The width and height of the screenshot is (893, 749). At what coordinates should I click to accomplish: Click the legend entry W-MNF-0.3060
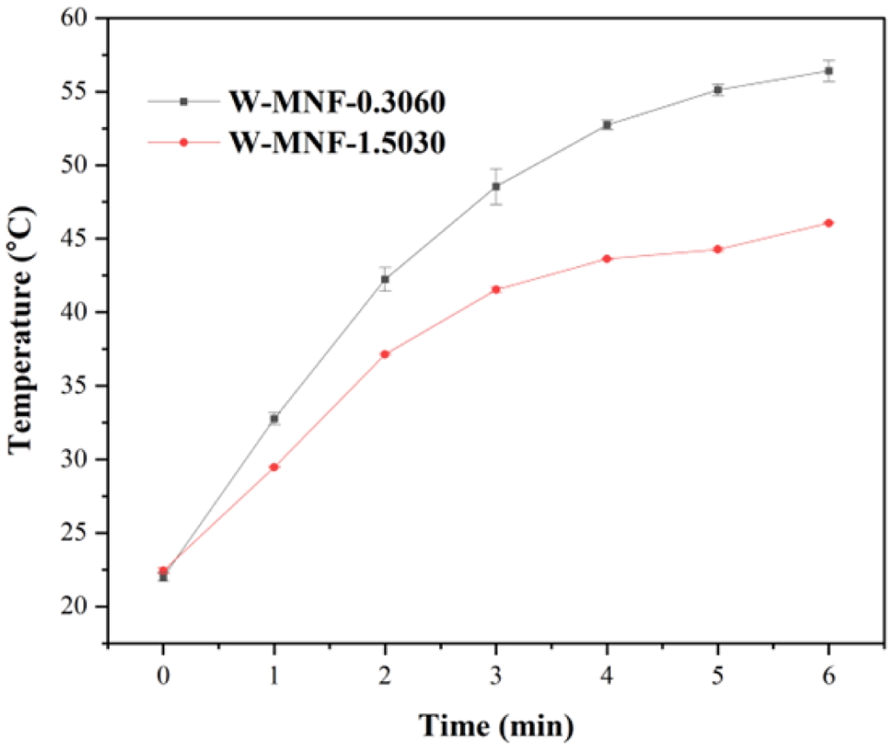click(337, 102)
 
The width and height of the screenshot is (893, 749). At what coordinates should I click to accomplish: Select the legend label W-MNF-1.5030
click(337, 142)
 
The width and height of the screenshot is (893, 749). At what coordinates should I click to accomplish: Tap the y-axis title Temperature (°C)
click(21, 330)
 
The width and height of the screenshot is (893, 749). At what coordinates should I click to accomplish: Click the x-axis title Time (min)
click(496, 726)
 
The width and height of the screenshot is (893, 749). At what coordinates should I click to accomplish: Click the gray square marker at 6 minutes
click(829, 71)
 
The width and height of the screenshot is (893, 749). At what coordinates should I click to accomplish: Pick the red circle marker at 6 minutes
click(829, 223)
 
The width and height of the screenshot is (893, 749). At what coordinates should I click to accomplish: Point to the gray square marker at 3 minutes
click(496, 186)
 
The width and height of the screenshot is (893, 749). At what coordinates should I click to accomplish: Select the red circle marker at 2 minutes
click(385, 354)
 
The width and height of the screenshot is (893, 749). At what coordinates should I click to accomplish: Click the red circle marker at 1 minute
click(274, 467)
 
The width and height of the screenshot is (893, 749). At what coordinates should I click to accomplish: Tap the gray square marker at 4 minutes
click(607, 125)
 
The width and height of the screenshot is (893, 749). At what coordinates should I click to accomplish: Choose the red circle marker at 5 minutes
click(718, 249)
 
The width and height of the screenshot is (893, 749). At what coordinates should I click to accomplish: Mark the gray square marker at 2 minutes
click(385, 279)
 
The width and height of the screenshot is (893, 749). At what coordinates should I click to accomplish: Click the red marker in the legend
click(184, 142)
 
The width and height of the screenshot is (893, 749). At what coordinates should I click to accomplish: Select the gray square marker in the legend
click(184, 102)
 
